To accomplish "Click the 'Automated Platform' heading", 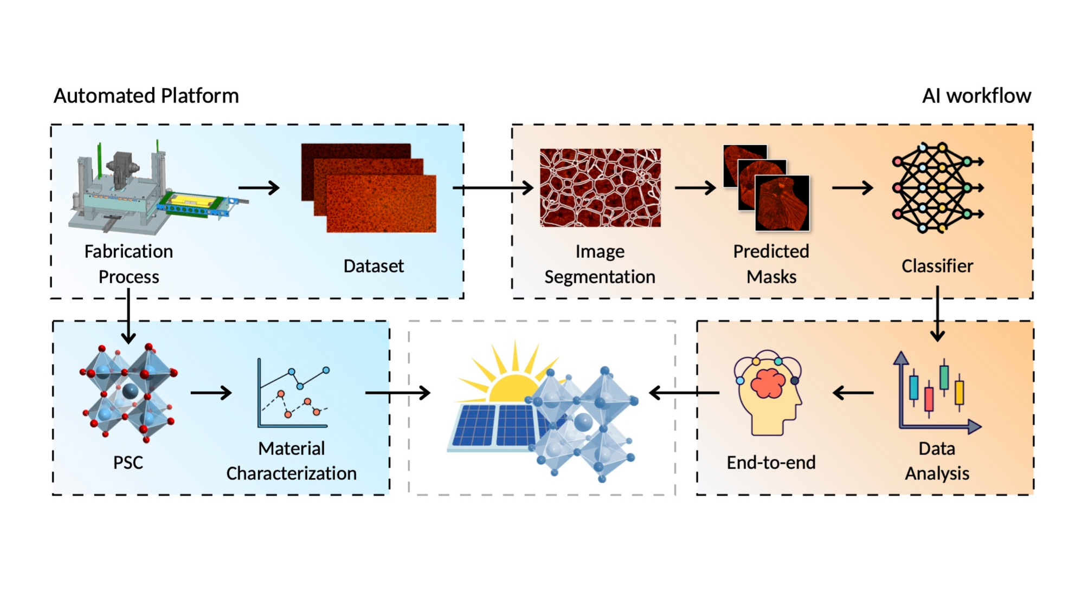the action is [146, 96].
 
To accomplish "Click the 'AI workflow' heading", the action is [976, 96].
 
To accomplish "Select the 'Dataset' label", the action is [374, 266].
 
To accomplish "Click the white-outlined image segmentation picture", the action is [600, 187].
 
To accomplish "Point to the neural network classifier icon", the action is [937, 187].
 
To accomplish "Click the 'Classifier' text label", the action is [937, 266].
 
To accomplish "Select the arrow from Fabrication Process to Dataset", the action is [259, 188].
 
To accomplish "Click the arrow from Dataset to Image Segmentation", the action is [493, 188].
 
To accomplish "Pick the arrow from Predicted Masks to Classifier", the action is [853, 188].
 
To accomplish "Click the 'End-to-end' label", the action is [771, 463].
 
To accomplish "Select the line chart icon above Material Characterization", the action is [293, 393].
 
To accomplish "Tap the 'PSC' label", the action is [128, 463].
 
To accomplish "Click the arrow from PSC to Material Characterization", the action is [211, 393].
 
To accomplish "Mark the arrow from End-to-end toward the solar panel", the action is [684, 393].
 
